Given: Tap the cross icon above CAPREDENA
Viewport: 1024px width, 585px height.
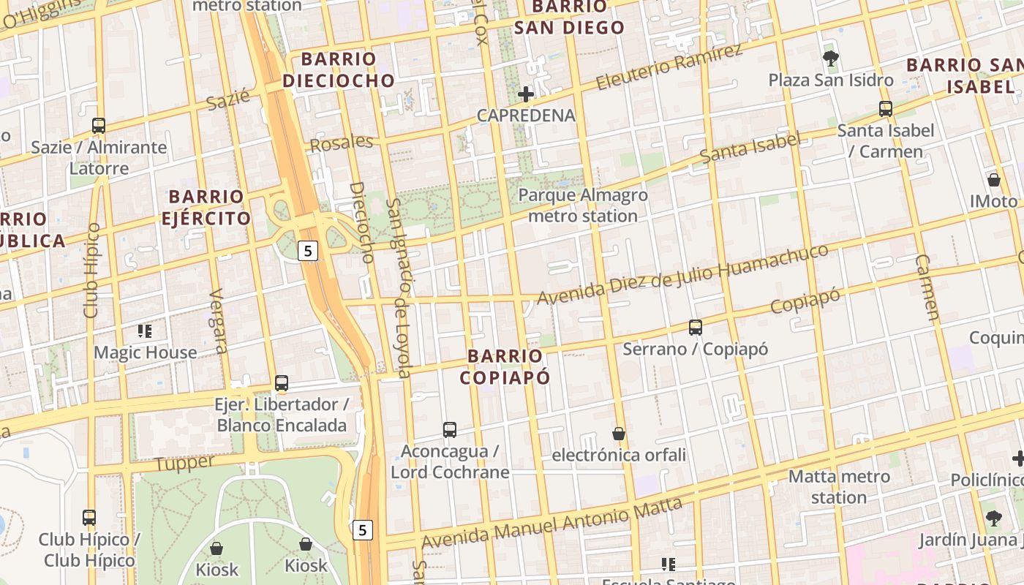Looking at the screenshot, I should click(525, 94).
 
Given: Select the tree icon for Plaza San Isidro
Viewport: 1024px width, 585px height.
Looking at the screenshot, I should click(830, 58).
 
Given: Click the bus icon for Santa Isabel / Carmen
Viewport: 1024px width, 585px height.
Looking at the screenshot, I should click(886, 109).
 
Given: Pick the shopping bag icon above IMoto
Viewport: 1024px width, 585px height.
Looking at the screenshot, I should click(993, 179).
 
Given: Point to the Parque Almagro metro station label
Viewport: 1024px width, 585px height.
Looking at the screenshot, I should click(583, 205).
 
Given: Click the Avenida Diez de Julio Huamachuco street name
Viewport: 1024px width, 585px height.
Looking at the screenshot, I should click(683, 275).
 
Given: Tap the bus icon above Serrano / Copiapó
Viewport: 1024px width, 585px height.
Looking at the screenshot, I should click(695, 327).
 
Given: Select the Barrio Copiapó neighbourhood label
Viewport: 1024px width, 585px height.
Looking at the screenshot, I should click(505, 366).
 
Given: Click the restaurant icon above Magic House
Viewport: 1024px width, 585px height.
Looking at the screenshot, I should click(145, 331).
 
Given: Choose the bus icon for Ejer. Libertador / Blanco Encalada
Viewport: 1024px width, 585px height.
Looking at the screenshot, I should click(282, 382).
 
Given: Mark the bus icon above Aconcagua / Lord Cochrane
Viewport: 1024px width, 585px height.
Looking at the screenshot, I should click(450, 429).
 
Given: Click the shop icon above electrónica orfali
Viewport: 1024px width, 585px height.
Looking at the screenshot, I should click(619, 434).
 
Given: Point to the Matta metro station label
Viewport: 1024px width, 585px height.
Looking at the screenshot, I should click(839, 487).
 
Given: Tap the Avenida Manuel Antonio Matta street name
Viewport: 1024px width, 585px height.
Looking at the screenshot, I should click(552, 524).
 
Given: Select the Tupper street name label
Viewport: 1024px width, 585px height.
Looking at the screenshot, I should click(184, 462).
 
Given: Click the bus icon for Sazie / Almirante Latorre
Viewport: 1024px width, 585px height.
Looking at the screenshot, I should click(99, 125).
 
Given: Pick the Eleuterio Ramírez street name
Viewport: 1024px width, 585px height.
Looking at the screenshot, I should click(669, 67).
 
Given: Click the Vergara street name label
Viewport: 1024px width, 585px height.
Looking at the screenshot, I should click(218, 321).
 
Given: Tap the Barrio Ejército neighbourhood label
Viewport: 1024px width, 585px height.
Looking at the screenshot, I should click(209, 207).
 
